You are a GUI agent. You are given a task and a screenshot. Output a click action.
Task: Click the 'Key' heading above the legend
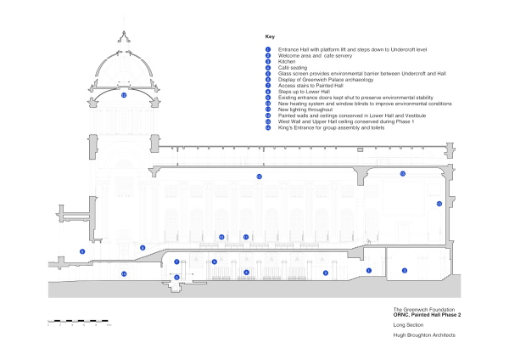270,37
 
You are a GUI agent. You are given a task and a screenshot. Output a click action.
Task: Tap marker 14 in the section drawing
124,273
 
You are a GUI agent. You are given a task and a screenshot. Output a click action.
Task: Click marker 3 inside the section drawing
404,271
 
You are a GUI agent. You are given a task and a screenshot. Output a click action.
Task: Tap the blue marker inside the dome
124,96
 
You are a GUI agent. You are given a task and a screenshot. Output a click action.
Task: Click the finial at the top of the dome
124,34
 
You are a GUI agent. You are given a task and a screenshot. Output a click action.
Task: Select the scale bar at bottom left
80,322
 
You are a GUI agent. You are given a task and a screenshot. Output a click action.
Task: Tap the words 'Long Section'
408,325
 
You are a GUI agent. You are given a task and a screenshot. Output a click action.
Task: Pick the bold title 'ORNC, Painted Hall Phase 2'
427,314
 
